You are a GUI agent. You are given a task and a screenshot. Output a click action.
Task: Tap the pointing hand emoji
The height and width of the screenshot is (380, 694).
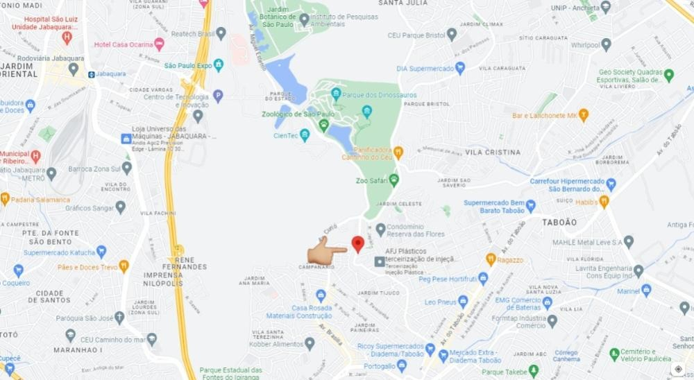[326, 250]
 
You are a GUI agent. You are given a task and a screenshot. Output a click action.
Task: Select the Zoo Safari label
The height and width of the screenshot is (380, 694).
[371, 180]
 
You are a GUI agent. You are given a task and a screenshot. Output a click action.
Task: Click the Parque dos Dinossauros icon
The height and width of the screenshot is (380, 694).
[337, 93]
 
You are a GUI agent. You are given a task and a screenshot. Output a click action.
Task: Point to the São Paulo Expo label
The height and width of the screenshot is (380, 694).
[187, 65]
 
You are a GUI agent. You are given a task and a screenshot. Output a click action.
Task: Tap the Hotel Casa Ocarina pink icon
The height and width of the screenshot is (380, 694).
[160, 44]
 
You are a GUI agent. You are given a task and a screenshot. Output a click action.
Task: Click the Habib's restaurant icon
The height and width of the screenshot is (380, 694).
[604, 202]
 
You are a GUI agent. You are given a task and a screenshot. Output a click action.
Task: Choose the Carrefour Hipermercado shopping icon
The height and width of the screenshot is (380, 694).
[611, 184]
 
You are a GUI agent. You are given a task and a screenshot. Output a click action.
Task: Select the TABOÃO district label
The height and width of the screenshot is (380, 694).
[560, 222]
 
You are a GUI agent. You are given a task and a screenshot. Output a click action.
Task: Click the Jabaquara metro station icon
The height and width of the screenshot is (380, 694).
[91, 73]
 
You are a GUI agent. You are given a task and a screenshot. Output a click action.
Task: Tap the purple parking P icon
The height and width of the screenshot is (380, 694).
[218, 96]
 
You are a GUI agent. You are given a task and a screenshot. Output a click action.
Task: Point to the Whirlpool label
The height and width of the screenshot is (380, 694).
[584, 45]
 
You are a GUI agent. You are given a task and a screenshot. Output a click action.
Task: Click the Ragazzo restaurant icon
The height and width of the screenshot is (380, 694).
[491, 259]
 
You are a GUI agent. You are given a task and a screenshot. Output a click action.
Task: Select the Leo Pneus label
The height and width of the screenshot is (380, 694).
[441, 302]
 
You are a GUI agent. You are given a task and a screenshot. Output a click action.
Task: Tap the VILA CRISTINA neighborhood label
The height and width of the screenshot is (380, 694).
[493, 152]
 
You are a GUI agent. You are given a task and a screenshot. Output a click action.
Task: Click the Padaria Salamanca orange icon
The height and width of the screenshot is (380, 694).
[5, 199]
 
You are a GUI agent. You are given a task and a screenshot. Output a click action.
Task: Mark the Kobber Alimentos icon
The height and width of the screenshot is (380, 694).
[310, 343]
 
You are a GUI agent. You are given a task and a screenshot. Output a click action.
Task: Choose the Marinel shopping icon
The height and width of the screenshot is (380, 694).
[646, 291]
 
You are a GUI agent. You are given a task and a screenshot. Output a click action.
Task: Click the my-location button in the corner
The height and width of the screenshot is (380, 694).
[678, 369]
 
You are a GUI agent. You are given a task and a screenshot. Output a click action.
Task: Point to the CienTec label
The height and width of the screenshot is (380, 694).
[285, 135]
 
